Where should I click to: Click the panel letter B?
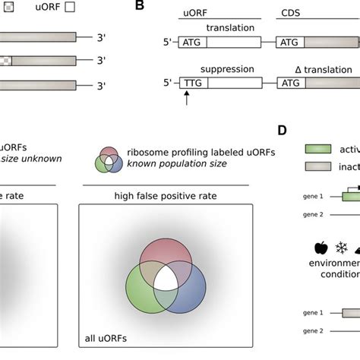139,6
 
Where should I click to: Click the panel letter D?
282,130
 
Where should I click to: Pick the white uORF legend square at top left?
70,8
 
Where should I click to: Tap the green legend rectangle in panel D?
321,150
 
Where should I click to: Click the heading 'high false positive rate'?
166,195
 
